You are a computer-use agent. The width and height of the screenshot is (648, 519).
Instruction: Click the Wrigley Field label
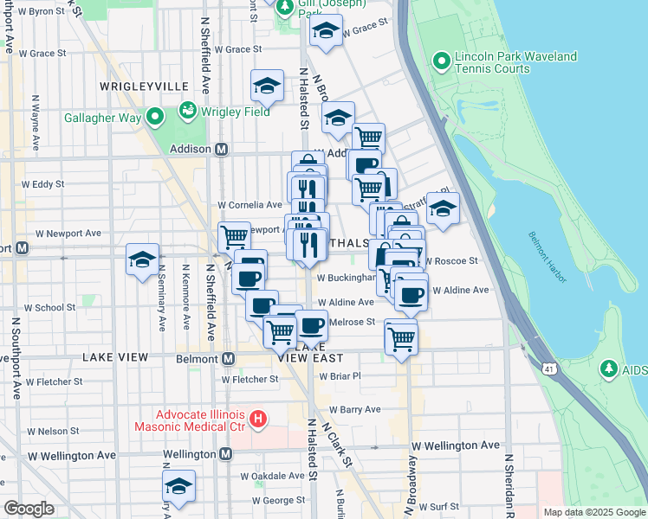(x=237, y=112)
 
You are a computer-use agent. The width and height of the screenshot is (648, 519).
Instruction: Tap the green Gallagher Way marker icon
(x=155, y=115)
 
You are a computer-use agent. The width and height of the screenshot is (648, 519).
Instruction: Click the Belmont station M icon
(x=229, y=358)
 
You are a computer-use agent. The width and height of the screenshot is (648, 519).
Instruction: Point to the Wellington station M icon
(x=226, y=454)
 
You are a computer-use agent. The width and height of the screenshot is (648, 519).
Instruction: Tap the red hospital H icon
(x=257, y=420)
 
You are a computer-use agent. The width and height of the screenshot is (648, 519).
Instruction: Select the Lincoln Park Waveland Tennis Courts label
(x=516, y=63)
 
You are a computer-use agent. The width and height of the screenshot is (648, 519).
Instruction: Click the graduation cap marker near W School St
(x=142, y=259)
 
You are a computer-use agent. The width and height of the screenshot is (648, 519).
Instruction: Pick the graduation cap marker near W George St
(x=178, y=485)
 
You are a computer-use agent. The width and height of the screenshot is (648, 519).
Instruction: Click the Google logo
(x=29, y=509)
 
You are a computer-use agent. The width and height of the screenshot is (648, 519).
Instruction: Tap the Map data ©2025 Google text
(x=593, y=512)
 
